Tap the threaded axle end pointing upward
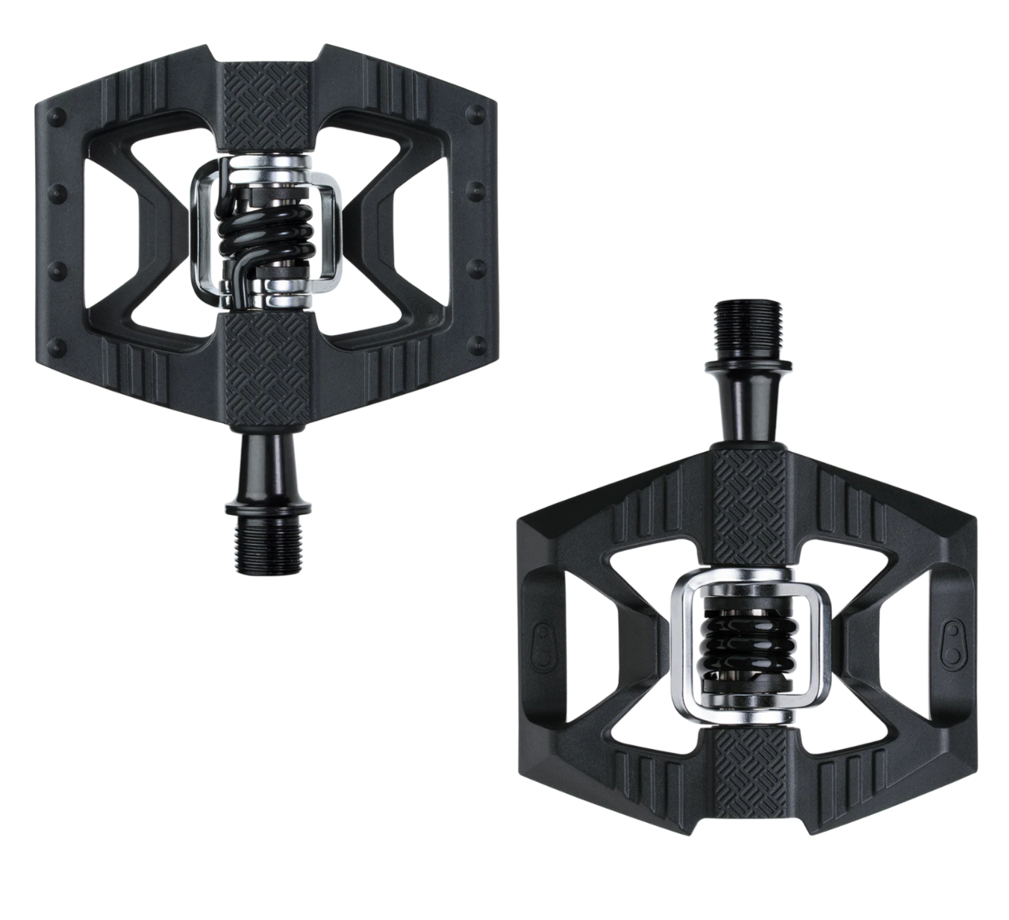coord(749,326)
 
